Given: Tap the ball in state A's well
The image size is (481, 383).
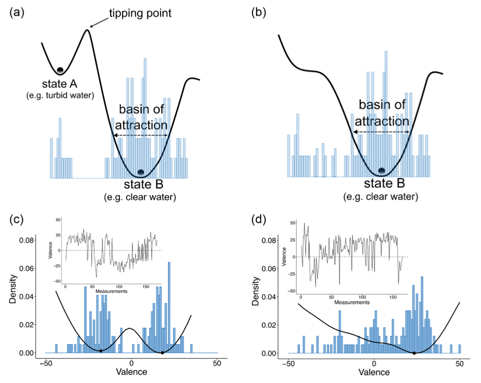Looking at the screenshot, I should click(60, 70).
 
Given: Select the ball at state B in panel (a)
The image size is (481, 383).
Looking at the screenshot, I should click(140, 172).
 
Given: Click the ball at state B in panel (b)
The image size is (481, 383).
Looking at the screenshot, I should click(382, 171).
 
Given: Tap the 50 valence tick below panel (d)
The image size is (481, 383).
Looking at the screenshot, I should click(460, 364).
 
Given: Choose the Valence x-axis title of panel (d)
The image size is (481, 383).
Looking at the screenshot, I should click(374, 373).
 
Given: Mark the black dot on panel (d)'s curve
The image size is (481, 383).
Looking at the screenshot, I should click(414, 353).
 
